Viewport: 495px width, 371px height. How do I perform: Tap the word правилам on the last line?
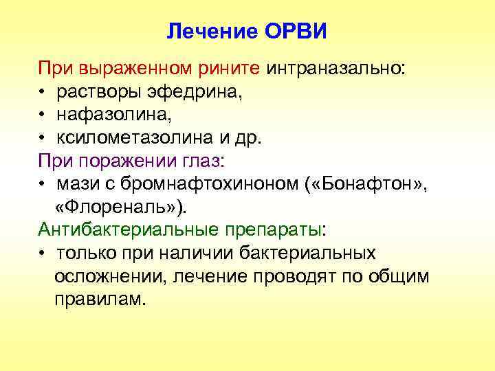point(100,299)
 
